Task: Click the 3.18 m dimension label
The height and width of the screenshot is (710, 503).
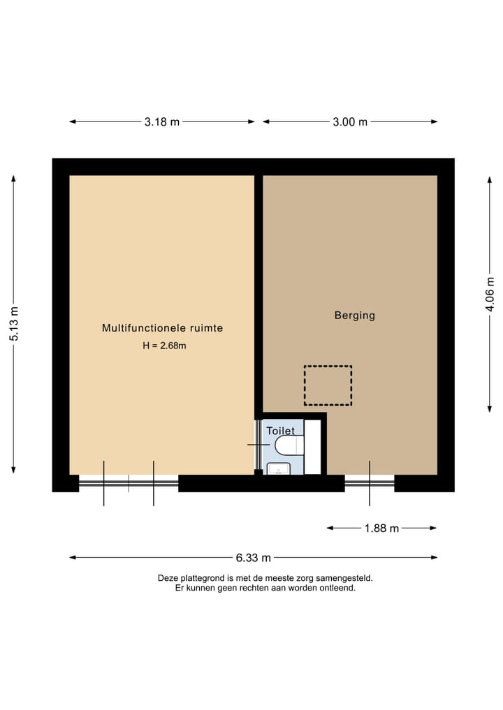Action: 162,121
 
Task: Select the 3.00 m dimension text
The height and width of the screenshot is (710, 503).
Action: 350,121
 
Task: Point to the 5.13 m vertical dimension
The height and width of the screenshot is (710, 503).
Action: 13,325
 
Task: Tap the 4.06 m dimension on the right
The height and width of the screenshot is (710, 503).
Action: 490,294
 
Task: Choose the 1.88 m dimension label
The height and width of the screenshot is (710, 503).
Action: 381,528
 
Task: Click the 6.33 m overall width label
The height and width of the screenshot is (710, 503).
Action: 253,558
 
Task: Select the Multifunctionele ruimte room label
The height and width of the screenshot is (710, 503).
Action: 163,327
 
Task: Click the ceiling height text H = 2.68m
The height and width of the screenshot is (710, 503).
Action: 164,345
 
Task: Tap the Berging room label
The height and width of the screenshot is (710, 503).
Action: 355,316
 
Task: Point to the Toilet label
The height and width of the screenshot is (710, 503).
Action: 280,431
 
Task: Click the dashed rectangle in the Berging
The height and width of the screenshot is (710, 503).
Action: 328,385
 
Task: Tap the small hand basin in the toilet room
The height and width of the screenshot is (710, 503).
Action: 279,468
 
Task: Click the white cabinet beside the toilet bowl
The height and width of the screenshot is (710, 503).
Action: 312,447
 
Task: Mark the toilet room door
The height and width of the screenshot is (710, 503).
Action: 258,445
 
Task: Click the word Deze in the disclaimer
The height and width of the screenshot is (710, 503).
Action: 168,578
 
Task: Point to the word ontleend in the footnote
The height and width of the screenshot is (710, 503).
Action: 337,588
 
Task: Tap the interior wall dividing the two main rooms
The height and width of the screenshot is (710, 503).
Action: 258,293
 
